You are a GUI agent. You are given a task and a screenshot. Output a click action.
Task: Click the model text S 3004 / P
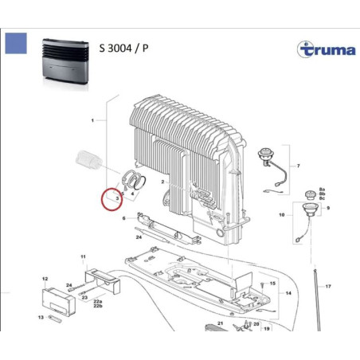point(123,47)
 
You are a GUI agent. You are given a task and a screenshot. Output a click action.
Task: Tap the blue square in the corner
point(15,44)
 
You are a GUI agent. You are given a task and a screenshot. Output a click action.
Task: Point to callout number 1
point(93,120)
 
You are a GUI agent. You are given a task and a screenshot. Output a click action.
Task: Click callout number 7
point(298,166)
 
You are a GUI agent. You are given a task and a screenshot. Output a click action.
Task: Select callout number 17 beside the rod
point(328,286)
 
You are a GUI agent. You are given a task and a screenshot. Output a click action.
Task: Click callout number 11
point(82,256)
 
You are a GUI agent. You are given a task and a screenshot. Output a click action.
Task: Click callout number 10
point(280,215)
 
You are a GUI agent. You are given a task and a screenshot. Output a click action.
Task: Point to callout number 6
point(124,217)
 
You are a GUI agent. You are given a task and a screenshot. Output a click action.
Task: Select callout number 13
point(41,317)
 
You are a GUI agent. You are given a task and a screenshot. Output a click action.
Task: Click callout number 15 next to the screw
point(272,283)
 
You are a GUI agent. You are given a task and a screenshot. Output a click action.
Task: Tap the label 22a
point(98,302)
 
